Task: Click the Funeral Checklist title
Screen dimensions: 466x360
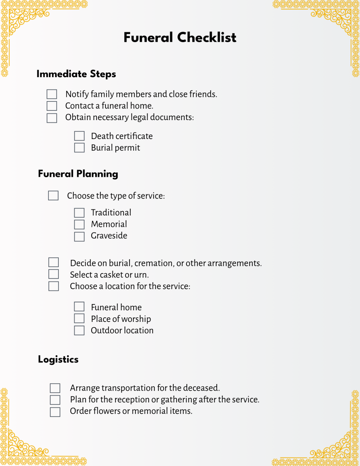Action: [x=180, y=38]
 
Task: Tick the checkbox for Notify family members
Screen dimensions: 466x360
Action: [x=52, y=94]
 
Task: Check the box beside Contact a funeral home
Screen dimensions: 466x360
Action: [x=52, y=106]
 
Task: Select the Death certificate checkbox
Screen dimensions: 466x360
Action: [x=79, y=136]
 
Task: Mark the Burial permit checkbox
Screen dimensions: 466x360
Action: [x=79, y=148]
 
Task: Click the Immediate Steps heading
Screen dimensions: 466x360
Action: [x=76, y=74]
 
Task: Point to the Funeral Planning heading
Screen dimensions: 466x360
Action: [x=78, y=174]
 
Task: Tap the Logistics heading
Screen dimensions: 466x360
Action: [x=58, y=359]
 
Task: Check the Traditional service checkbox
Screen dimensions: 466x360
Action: [x=79, y=213]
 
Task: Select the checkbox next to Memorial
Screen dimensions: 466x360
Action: [x=79, y=224]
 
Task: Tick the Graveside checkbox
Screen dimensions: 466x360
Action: [x=79, y=236]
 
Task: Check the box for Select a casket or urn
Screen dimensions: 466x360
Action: [x=54, y=274]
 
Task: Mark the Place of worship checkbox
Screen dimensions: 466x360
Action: [x=79, y=318]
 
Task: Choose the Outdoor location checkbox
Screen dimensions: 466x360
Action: [x=79, y=330]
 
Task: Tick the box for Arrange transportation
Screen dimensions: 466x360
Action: [x=55, y=388]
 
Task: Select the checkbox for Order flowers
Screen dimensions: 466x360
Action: [x=55, y=412]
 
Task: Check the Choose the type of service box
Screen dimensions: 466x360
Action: [x=53, y=195]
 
